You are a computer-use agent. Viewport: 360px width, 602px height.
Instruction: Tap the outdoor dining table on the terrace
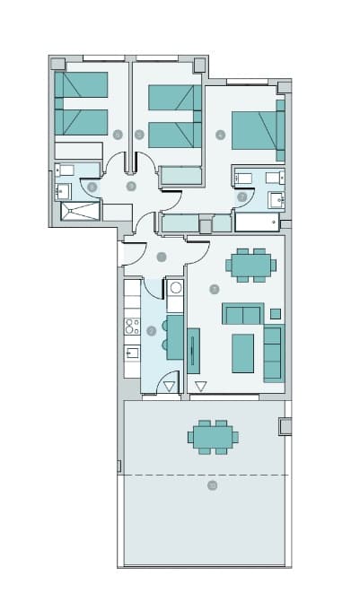(x=214, y=437)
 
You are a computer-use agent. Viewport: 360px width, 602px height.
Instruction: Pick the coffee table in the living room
(x=243, y=353)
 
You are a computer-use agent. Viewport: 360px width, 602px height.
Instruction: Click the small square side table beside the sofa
(x=276, y=314)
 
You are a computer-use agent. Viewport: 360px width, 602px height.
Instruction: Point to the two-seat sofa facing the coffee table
(x=242, y=314)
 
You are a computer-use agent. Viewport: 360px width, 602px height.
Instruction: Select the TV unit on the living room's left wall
(x=193, y=350)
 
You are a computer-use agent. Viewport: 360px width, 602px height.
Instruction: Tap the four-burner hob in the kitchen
(x=132, y=327)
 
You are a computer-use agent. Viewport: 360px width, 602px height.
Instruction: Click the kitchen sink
(x=132, y=353)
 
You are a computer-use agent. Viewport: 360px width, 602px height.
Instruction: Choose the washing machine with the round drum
(x=176, y=288)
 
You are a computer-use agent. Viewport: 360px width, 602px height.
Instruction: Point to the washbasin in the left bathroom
(x=62, y=191)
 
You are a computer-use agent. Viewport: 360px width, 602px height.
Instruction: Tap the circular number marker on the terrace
(x=213, y=485)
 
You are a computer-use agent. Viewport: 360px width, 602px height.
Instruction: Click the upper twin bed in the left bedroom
(x=82, y=84)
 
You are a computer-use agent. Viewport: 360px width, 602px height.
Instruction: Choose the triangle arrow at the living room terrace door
(x=201, y=387)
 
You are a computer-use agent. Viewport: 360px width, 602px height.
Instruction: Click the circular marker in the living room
(x=214, y=289)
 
